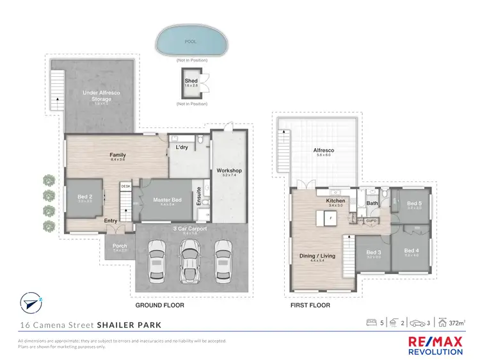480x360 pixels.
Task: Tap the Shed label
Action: [x=191, y=81]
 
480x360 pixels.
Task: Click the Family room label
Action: [x=117, y=154]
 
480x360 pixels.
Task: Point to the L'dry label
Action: [x=181, y=149]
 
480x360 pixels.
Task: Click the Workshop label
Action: [x=228, y=170]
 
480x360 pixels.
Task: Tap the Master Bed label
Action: [x=168, y=200]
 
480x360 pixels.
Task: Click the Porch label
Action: [x=120, y=246]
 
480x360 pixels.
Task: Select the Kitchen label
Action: [x=335, y=201]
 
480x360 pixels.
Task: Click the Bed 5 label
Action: [x=414, y=204]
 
